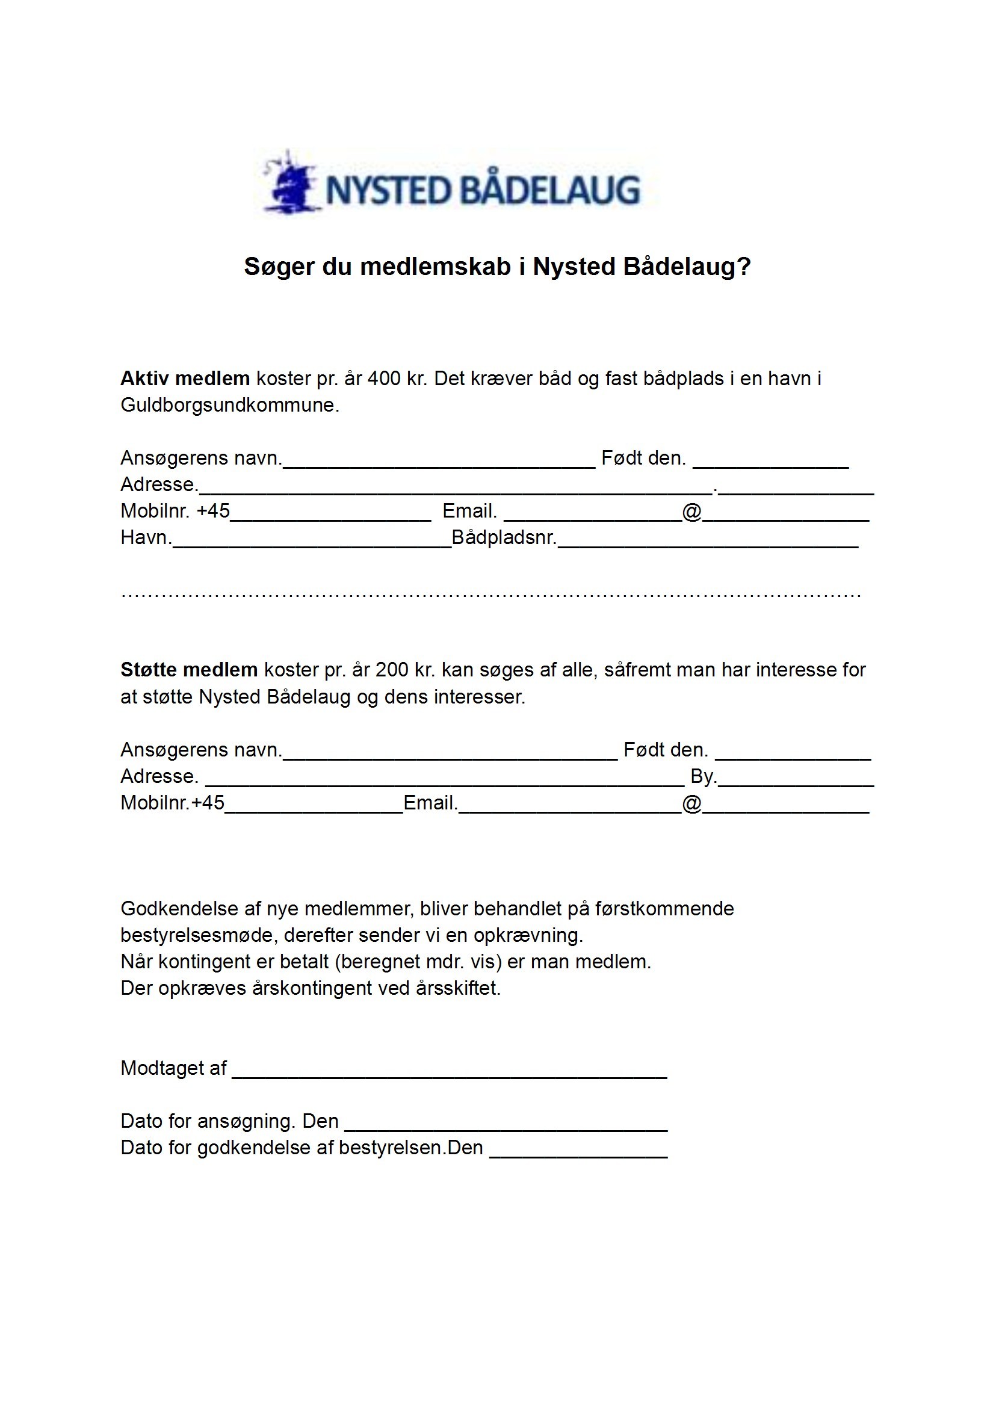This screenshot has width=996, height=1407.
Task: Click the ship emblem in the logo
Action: click(x=290, y=183)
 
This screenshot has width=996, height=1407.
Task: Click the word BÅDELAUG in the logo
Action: click(x=549, y=190)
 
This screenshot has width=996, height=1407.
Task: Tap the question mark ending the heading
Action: click(x=744, y=267)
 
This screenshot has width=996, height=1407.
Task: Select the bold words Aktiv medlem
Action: click(x=185, y=379)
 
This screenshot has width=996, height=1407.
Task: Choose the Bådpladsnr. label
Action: click(x=504, y=538)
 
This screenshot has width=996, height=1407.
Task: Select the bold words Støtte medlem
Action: click(x=189, y=670)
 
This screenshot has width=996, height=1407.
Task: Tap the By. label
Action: click(x=703, y=776)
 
